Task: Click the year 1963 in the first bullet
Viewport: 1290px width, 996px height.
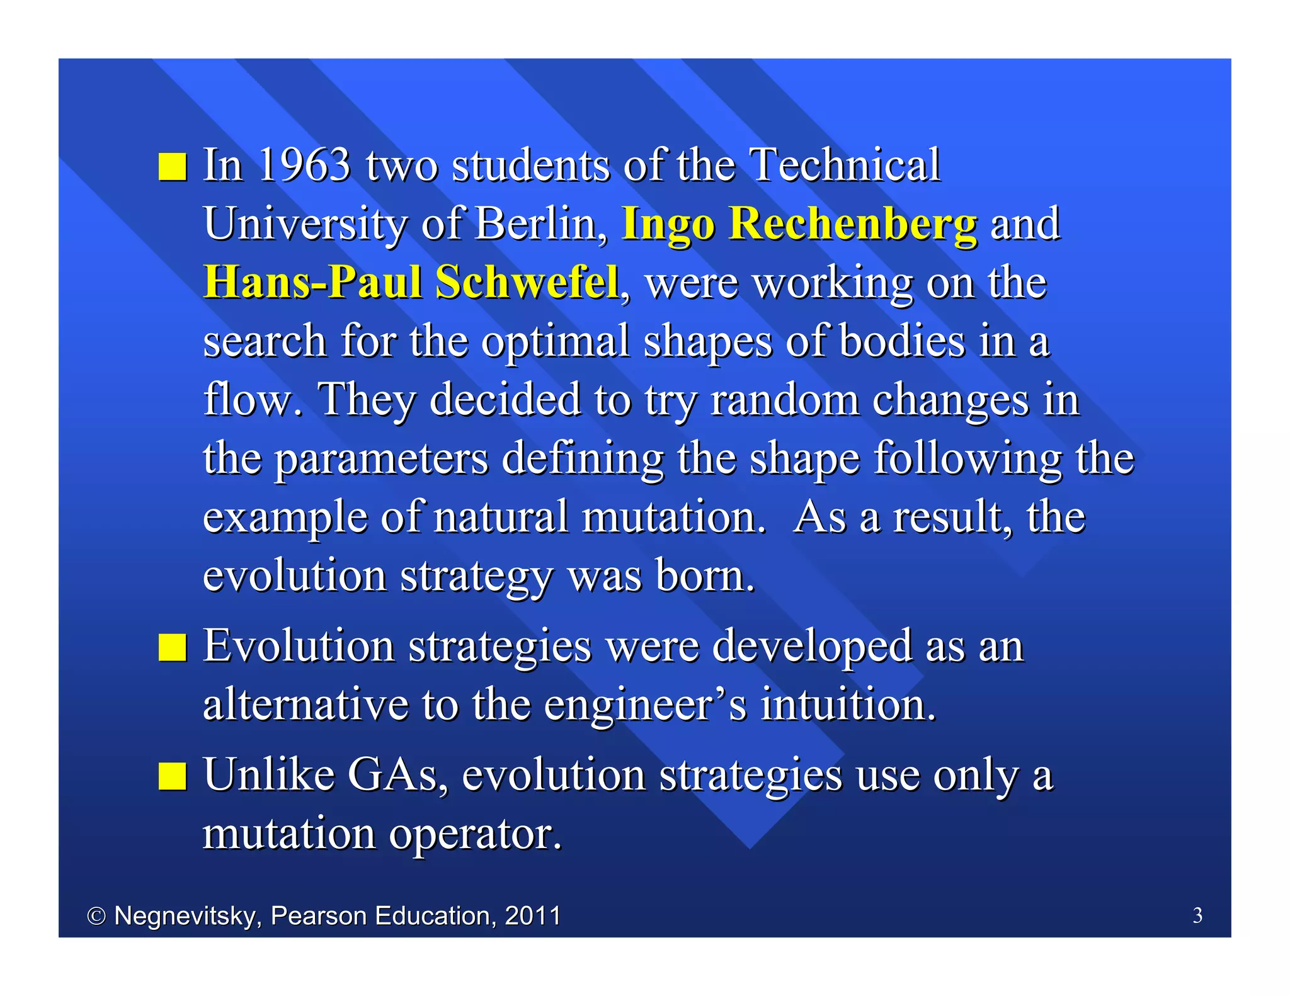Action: coord(304,165)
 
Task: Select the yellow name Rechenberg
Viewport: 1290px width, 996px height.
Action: coord(853,224)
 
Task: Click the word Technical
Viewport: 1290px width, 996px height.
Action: coord(845,165)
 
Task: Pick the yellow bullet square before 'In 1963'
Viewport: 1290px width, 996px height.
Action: coord(172,167)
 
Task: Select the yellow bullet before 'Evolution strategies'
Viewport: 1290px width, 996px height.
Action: coord(172,648)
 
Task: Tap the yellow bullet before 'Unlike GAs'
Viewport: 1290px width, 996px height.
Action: coord(172,776)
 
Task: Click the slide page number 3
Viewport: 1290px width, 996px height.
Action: coord(1197,915)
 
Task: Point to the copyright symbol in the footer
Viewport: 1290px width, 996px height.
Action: coord(96,916)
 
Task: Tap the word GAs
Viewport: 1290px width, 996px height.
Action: coord(397,774)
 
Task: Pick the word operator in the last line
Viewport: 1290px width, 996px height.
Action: coord(475,834)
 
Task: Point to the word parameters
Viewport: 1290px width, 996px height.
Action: coord(382,458)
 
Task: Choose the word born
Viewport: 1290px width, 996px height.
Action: coord(704,575)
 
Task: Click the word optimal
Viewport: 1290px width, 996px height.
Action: coord(555,341)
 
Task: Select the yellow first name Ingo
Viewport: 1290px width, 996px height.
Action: coord(668,225)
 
